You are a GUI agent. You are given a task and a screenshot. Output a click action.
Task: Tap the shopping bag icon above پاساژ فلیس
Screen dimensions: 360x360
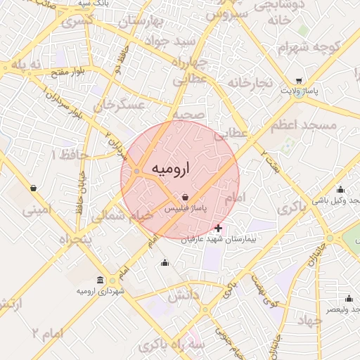[185, 197]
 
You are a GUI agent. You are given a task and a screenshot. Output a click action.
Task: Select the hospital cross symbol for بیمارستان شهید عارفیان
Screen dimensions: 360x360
[218, 228]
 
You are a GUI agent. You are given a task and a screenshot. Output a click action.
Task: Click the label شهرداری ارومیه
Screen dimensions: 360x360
[101, 290]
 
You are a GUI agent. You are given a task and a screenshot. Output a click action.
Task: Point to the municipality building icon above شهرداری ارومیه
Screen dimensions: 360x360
[100, 280]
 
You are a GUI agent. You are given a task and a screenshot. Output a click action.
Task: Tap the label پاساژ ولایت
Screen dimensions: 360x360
[300, 91]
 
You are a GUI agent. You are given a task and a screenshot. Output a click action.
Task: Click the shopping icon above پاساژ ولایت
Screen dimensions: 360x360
[300, 81]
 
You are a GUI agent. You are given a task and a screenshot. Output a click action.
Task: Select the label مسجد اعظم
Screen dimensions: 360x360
[303, 124]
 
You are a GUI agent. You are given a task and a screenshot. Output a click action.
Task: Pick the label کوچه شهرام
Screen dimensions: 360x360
[308, 48]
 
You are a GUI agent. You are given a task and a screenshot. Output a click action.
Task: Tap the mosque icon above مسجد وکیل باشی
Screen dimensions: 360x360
[341, 189]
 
